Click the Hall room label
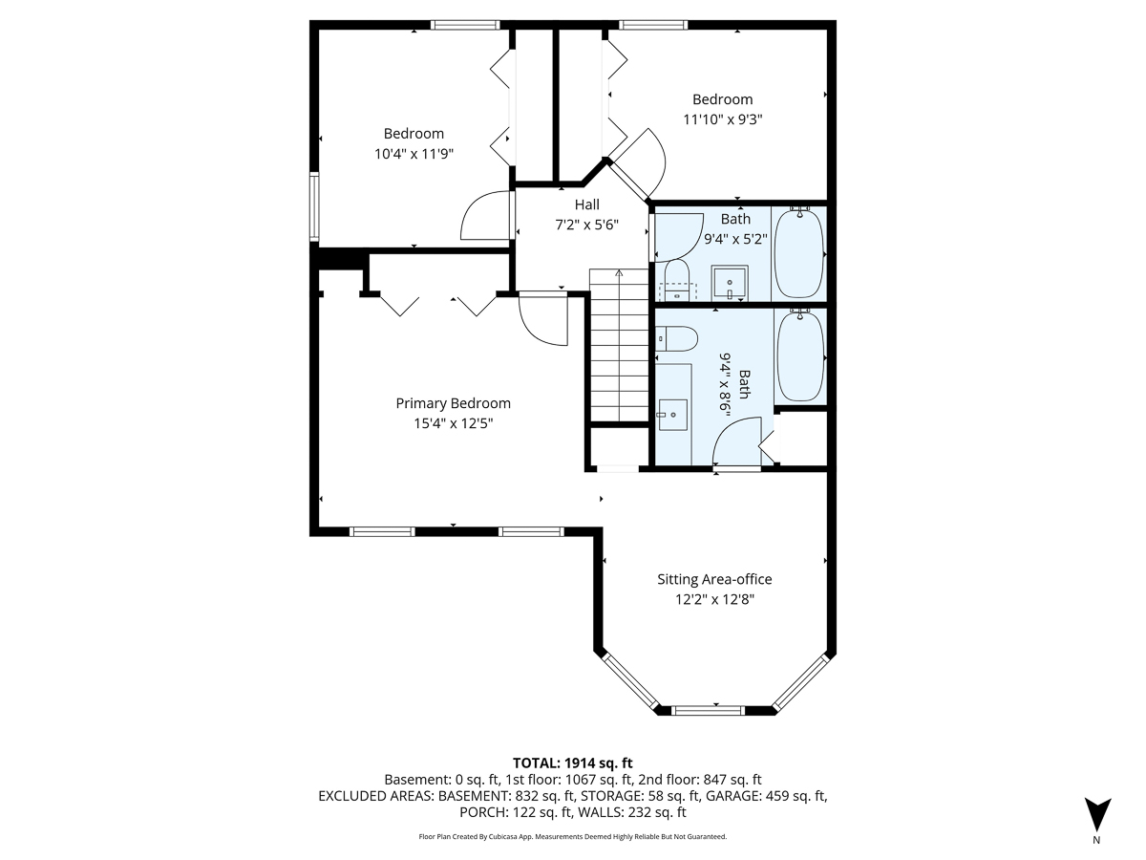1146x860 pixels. pyautogui.click(x=586, y=204)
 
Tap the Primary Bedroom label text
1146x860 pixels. pyautogui.click(x=453, y=403)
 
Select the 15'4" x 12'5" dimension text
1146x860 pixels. pyautogui.click(x=453, y=423)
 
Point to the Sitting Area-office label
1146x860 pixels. pyautogui.click(x=713, y=579)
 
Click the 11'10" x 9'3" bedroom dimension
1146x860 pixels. pyautogui.click(x=722, y=119)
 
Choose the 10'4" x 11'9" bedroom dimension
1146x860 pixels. pyautogui.click(x=414, y=154)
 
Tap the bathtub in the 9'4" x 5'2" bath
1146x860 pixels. pyautogui.click(x=797, y=253)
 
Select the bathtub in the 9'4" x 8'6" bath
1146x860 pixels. pyautogui.click(x=800, y=355)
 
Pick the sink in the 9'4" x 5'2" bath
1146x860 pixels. pyautogui.click(x=731, y=283)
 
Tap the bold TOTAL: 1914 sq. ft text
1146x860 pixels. pyautogui.click(x=573, y=763)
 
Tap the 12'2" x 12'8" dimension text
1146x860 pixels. pyautogui.click(x=713, y=599)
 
